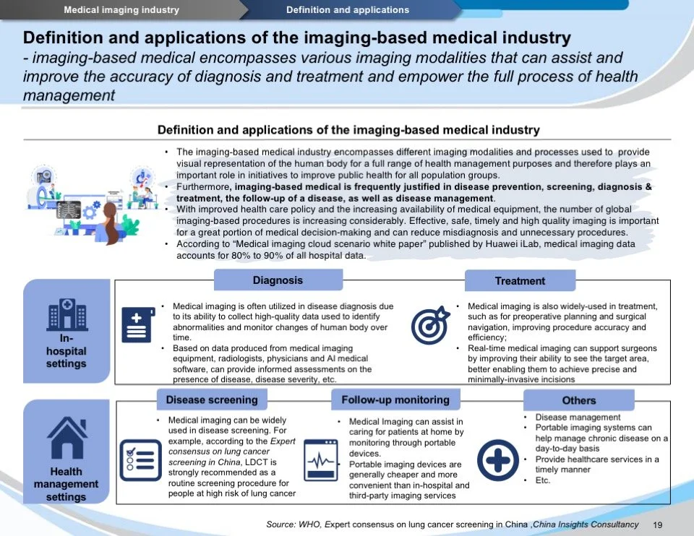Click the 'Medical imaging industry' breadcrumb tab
(121, 10)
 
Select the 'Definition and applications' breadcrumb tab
(347, 10)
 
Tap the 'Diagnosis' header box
(278, 280)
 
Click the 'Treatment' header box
(520, 281)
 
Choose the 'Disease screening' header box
(212, 399)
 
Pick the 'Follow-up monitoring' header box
(395, 399)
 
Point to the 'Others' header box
(578, 400)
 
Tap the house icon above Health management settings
(67, 437)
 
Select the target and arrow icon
(431, 325)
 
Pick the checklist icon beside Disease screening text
(140, 460)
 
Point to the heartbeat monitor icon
(321, 460)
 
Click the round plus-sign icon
(498, 460)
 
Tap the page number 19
(658, 524)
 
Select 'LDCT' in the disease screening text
(261, 461)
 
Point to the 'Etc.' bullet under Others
(543, 480)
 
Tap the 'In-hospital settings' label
(66, 351)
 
